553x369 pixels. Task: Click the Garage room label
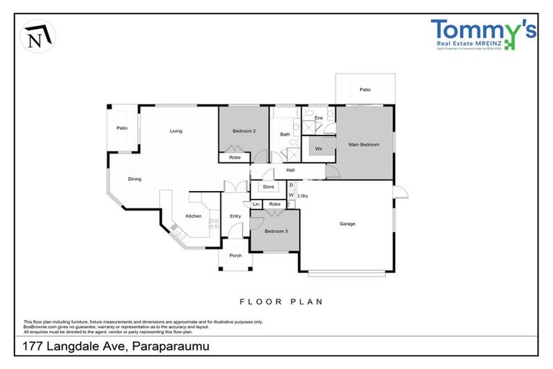347,223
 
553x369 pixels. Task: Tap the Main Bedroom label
364,145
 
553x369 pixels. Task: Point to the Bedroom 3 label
276,231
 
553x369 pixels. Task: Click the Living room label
176,131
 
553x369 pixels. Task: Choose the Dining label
135,179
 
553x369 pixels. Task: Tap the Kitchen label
194,216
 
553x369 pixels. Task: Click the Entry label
235,216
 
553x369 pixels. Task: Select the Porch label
235,256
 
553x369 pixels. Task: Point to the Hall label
290,170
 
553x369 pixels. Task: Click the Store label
269,187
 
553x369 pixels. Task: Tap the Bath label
285,134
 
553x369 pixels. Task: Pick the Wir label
318,148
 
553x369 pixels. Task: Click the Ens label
318,117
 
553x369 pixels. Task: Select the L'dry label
303,195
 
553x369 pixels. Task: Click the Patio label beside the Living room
122,128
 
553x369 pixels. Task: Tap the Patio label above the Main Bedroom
365,89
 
